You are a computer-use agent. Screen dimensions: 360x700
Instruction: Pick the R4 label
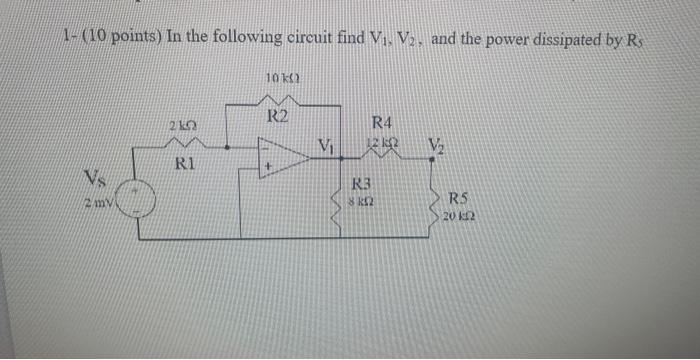pyautogui.click(x=382, y=123)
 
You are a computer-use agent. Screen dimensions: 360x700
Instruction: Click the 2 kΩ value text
pyautogui.click(x=181, y=124)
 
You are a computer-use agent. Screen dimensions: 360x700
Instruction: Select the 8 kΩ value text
pyautogui.click(x=362, y=200)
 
